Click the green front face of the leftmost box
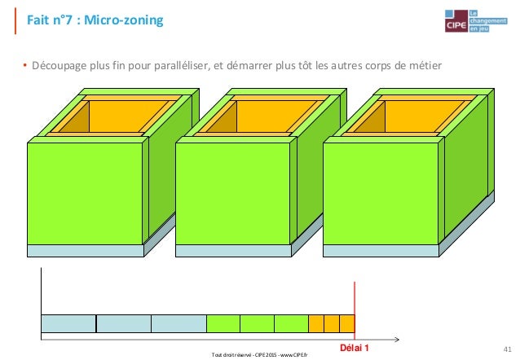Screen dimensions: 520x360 click(86, 192)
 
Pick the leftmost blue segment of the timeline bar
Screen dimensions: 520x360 click(68, 323)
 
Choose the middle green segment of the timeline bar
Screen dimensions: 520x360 click(257, 323)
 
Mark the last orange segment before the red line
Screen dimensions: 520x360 click(347, 323)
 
